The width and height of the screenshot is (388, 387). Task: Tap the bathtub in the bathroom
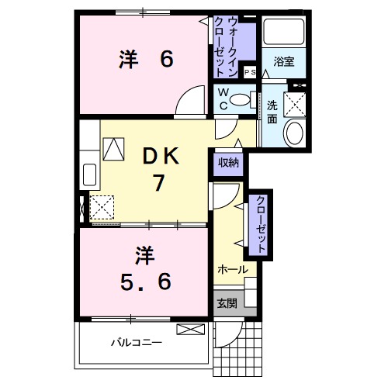point(283,32)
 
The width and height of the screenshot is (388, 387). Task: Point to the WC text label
point(223,100)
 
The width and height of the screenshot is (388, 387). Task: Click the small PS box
point(249,71)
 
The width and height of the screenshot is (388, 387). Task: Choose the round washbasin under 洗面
point(295,133)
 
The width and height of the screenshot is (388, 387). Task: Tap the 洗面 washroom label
point(272,113)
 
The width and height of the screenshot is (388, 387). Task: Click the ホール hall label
point(232,269)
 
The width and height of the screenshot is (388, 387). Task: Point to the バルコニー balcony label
point(135,341)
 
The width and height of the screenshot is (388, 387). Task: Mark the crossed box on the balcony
point(189,330)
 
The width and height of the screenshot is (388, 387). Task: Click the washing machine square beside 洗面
point(295,103)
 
